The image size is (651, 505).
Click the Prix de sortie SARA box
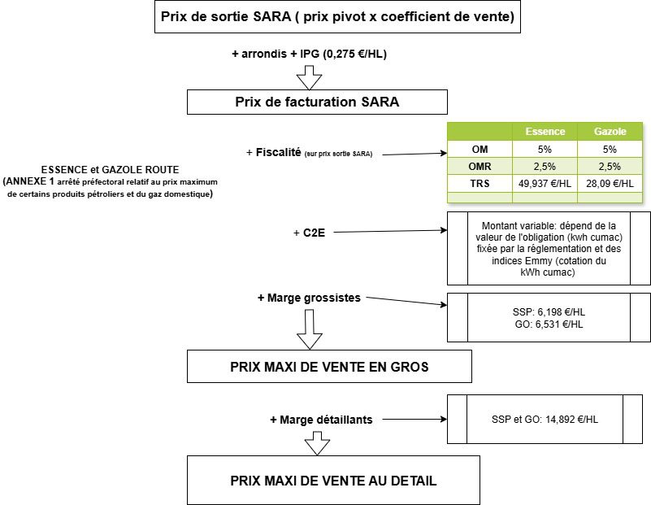pyautogui.click(x=337, y=17)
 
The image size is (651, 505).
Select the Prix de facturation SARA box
pyautogui.click(x=317, y=102)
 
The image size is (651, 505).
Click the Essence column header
pyautogui.click(x=545, y=131)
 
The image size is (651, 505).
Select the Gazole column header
pyautogui.click(x=610, y=131)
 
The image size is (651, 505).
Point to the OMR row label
pyautogui.click(x=480, y=166)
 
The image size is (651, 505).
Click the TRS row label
pyautogui.click(x=480, y=183)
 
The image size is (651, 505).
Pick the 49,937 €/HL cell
pyautogui.click(x=545, y=183)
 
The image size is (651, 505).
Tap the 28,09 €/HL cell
pyautogui.click(x=610, y=183)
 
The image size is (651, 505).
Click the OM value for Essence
pyautogui.click(x=545, y=149)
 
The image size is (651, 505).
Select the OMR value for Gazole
pyautogui.click(x=610, y=166)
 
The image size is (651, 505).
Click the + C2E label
pyautogui.click(x=308, y=233)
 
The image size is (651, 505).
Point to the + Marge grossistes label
pyautogui.click(x=309, y=298)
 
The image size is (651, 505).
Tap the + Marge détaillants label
pyautogui.click(x=321, y=420)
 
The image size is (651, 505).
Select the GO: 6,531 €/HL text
pyautogui.click(x=549, y=324)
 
